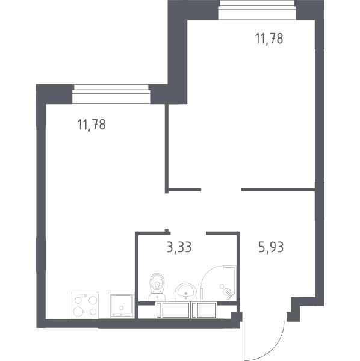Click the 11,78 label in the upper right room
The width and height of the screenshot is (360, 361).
(x=268, y=39)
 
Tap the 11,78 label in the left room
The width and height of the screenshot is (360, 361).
(x=92, y=125)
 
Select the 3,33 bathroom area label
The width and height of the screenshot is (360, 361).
(x=179, y=247)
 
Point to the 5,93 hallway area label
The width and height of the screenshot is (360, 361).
(x=271, y=247)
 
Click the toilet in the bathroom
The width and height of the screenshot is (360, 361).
(x=157, y=286)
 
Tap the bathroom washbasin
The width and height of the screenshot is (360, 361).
(x=186, y=292)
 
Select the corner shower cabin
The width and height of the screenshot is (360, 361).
(x=219, y=283)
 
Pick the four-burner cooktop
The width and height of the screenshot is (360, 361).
(x=85, y=305)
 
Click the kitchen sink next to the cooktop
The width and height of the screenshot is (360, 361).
(x=121, y=305)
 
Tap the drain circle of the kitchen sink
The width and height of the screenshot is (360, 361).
(x=122, y=308)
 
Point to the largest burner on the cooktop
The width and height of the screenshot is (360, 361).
(x=78, y=312)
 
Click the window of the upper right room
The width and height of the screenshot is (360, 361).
(x=257, y=10)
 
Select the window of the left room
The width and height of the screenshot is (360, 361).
(x=111, y=94)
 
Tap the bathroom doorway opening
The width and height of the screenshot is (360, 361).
(x=188, y=233)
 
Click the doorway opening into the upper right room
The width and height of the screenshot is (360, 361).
(x=221, y=190)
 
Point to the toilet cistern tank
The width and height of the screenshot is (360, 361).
(x=157, y=296)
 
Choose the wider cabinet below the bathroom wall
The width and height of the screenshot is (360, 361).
(x=173, y=310)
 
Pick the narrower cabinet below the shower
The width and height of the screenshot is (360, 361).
(x=204, y=310)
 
